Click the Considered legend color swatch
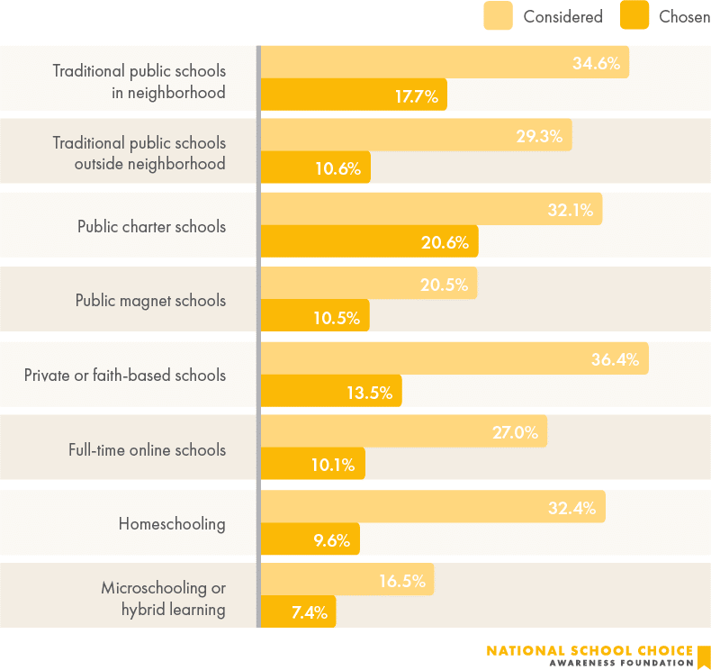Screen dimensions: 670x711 (498, 15)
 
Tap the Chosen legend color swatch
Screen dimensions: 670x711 (634, 15)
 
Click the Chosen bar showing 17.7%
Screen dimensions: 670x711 (353, 95)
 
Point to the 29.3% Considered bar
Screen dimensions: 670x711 (415, 136)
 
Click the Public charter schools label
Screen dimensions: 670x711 (151, 226)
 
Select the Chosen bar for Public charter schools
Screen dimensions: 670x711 (369, 242)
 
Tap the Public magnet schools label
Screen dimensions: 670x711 (150, 301)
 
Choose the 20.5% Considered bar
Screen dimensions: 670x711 (368, 284)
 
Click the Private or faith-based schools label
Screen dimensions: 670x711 (125, 375)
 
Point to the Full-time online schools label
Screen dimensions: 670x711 (147, 449)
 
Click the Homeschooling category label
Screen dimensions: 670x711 (172, 523)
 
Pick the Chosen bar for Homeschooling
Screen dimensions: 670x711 (310, 539)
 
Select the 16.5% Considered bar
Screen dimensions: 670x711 (346, 581)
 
